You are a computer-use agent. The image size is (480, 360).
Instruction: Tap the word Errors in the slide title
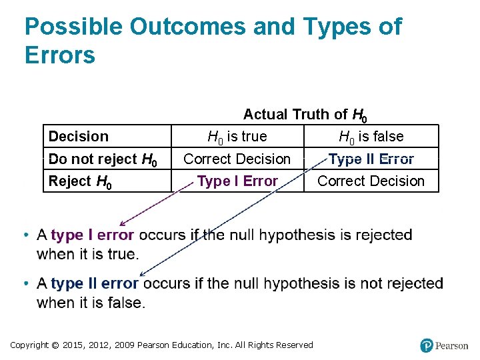click(60, 55)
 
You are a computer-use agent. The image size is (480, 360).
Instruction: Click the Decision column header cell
click(79, 137)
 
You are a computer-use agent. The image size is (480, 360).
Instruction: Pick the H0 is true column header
click(237, 137)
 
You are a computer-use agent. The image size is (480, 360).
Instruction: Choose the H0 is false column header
click(371, 137)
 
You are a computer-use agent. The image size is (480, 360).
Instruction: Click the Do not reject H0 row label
click(103, 159)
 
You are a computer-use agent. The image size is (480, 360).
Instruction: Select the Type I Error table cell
click(237, 181)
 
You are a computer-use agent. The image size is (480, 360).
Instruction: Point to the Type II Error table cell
click(371, 159)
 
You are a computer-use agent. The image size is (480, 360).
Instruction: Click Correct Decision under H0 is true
click(237, 159)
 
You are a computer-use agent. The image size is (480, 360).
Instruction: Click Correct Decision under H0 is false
click(371, 181)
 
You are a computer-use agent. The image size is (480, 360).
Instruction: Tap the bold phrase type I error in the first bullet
click(93, 235)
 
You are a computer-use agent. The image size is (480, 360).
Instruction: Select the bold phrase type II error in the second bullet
click(95, 283)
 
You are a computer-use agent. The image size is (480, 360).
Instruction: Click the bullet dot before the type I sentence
click(25, 235)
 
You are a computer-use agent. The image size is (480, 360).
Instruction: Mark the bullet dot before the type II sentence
click(25, 284)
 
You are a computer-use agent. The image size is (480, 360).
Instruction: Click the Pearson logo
click(444, 345)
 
